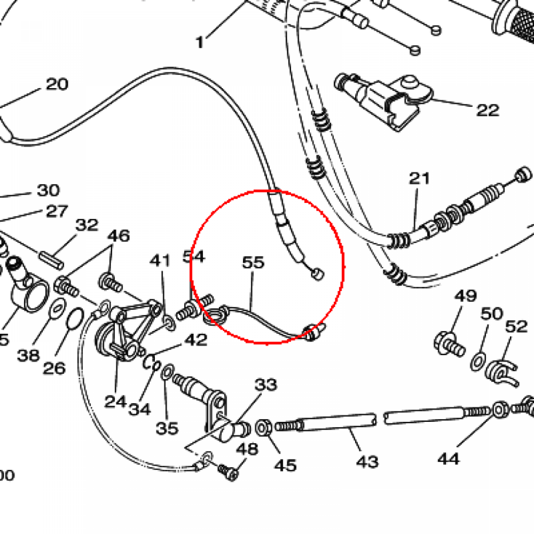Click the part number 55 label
pos(253,263)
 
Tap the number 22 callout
pos(487,110)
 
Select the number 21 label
pos(419,179)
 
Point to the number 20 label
pos(57,84)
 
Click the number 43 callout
pos(367,462)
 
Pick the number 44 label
pos(448,459)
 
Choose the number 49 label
pos(465,296)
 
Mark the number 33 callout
pos(266,385)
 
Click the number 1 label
pos(200,42)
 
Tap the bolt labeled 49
pos(448,344)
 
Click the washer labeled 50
pos(477,361)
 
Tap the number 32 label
pos(87,225)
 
